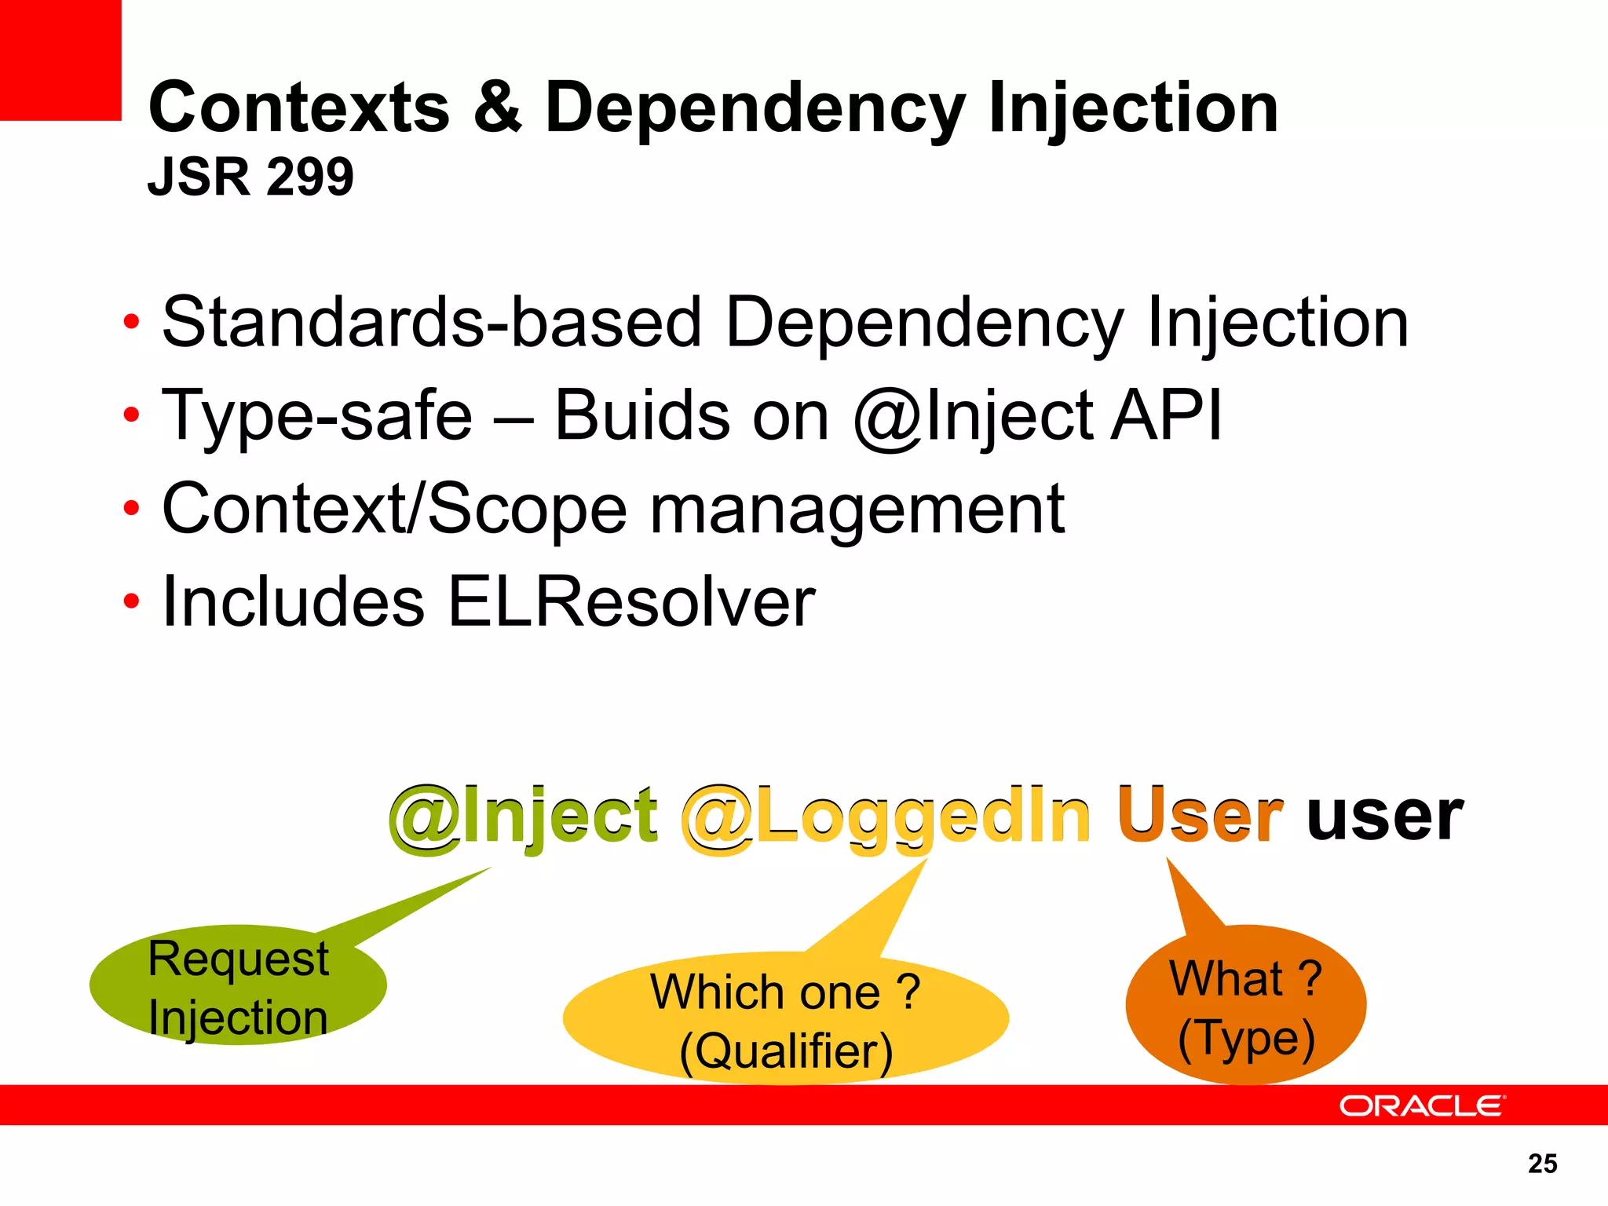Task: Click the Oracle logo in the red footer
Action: click(x=1421, y=1105)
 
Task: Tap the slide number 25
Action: click(x=1542, y=1164)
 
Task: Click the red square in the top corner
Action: click(x=60, y=60)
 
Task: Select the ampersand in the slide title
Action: click(x=498, y=107)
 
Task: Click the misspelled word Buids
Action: click(x=641, y=415)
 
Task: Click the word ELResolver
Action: click(x=631, y=602)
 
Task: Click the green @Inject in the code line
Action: click(x=524, y=817)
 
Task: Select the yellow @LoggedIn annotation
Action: click(x=886, y=817)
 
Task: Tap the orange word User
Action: click(x=1200, y=817)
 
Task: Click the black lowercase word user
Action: click(x=1384, y=817)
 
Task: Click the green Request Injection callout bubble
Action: click(x=238, y=987)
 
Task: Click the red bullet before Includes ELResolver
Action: click(x=131, y=602)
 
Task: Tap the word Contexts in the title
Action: click(x=299, y=107)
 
